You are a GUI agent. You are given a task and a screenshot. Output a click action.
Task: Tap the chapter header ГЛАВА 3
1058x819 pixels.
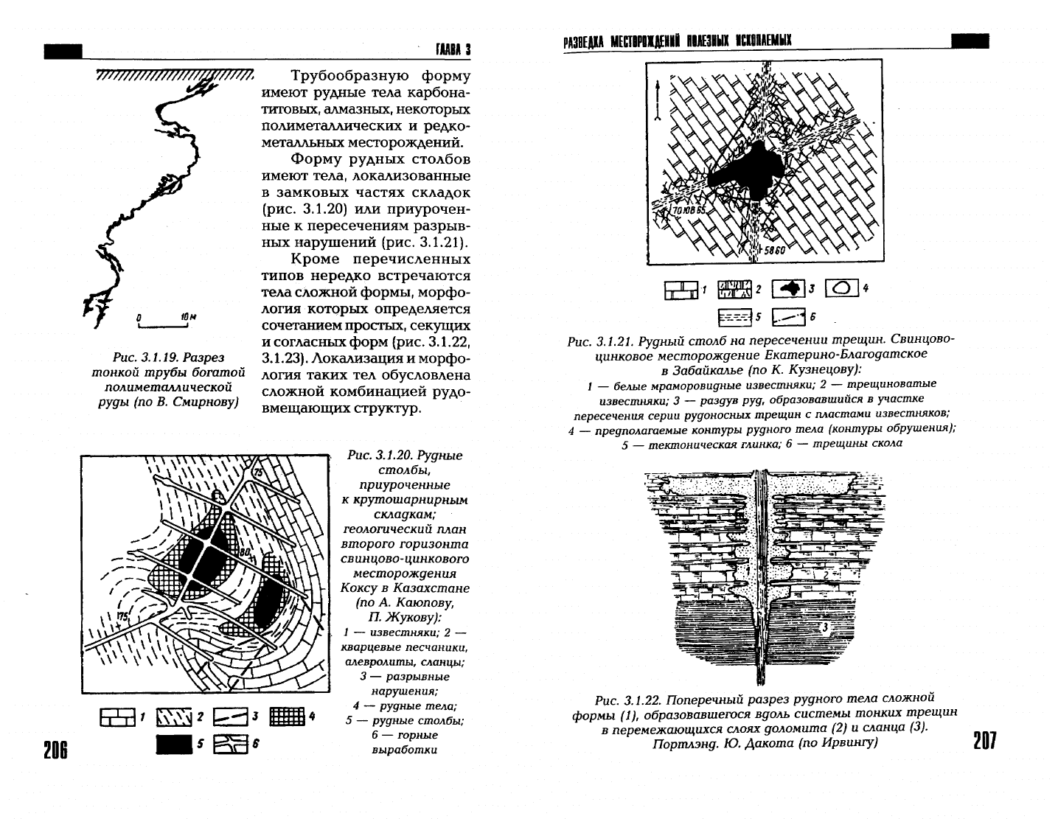click(x=453, y=49)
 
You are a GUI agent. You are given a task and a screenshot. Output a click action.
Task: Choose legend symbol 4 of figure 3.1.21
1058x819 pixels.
click(x=842, y=288)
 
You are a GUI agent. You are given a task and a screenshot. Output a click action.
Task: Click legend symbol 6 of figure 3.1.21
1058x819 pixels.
click(x=788, y=318)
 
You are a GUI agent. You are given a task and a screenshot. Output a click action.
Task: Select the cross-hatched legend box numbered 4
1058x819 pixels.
click(x=287, y=716)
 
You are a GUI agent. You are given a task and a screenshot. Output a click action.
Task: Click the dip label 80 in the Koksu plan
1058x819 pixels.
click(x=245, y=552)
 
